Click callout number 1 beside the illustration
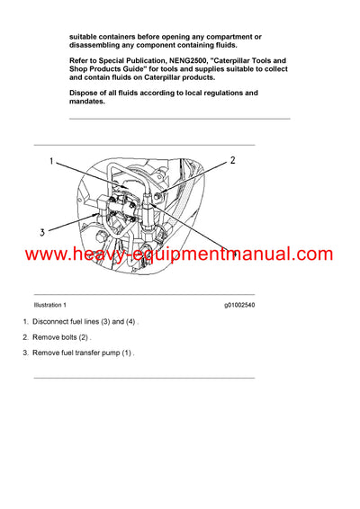coord(52,163)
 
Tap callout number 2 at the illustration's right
coord(232,161)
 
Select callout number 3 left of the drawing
coord(41,232)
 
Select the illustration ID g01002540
coord(239,306)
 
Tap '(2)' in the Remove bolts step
coord(84,337)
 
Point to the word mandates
coord(87,102)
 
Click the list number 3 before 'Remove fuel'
coord(26,353)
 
